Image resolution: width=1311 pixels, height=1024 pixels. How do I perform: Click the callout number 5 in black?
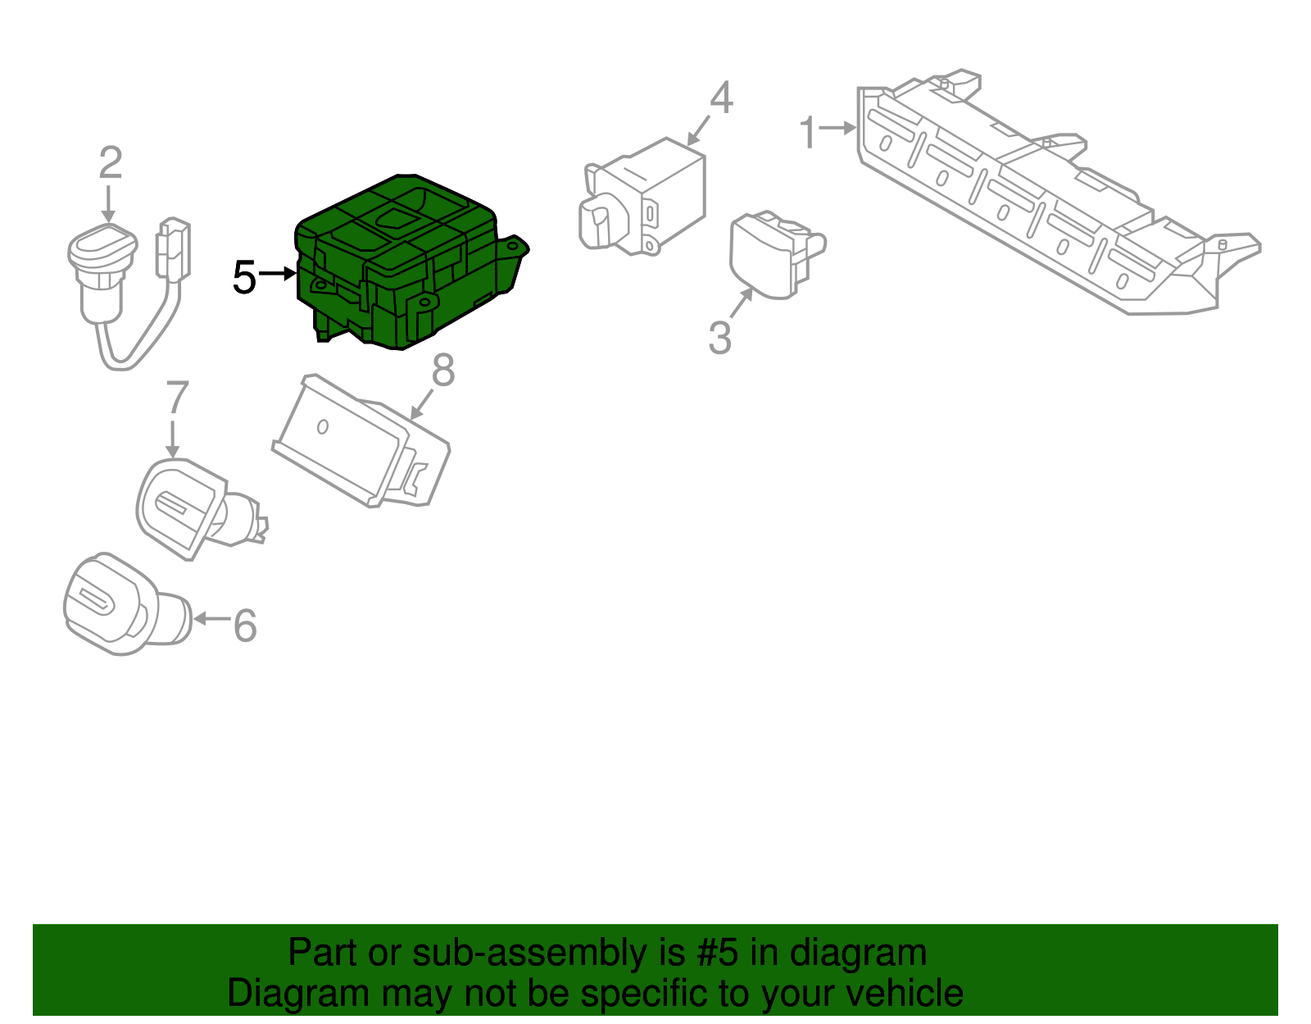coord(244,278)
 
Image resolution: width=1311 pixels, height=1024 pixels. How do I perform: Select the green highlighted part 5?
coord(401,262)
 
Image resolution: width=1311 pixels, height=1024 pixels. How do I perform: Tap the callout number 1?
coord(808,132)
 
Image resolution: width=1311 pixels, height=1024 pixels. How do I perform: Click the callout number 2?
coord(111,163)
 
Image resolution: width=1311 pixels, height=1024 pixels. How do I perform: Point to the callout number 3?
coord(719,338)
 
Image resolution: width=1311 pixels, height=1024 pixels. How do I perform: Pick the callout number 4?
coord(721,98)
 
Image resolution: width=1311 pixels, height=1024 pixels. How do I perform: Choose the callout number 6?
coord(245,626)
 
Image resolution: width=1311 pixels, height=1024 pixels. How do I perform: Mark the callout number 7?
coord(177,398)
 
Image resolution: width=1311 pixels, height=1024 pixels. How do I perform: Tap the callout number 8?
coord(443,371)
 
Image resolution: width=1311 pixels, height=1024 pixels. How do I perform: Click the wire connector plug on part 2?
coord(173,249)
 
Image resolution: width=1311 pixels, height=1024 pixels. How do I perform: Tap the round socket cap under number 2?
coord(97,246)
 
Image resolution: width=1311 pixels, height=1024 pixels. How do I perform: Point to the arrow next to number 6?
coord(211,619)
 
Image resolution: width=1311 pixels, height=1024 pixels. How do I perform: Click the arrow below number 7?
coord(172,439)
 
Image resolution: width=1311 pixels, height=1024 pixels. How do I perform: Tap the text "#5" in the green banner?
coord(717,953)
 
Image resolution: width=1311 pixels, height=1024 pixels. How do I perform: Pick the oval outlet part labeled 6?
coord(123,607)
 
